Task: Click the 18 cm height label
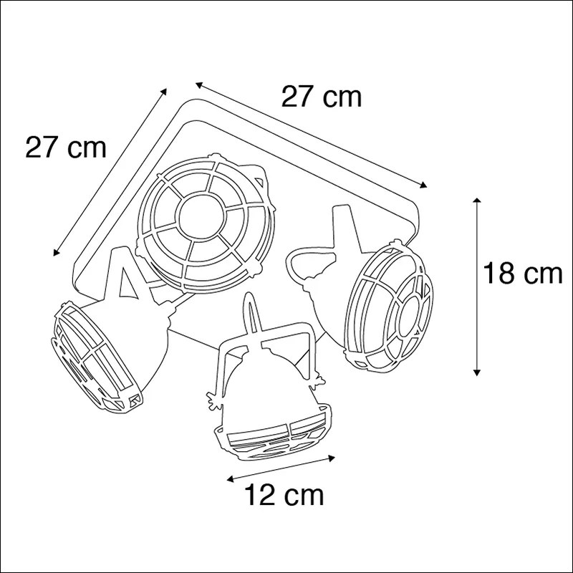coord(521,274)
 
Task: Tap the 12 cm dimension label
coord(284,494)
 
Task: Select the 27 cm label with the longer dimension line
coord(321,97)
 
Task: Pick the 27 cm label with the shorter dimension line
coord(66,148)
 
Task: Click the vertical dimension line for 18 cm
coord(476,286)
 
